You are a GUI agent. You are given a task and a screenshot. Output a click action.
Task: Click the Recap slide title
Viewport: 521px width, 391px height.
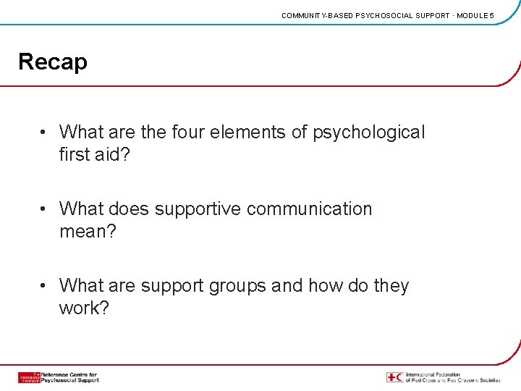point(53,62)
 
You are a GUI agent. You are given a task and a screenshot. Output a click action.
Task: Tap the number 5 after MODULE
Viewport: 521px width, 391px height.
point(491,15)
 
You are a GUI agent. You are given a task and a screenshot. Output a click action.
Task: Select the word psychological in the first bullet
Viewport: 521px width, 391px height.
point(369,133)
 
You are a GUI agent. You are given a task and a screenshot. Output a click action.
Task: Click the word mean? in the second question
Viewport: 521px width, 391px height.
point(89,232)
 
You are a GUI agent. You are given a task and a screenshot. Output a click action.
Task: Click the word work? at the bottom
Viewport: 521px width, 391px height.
point(84,308)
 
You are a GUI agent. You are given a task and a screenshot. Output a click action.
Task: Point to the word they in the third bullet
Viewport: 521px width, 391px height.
point(391,286)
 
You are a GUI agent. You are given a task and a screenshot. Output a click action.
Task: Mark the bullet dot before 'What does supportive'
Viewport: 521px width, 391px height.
point(44,209)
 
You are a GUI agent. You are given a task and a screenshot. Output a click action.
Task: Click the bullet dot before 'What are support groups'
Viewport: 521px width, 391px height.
point(44,286)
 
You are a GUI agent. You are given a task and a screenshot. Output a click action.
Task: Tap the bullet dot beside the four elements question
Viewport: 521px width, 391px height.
point(44,133)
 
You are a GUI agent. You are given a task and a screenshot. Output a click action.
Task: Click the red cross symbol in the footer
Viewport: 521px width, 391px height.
point(394,377)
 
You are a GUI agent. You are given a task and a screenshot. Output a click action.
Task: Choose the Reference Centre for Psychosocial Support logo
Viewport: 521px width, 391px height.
point(58,377)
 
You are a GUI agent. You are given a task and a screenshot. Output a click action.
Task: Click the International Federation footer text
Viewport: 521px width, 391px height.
point(452,377)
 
